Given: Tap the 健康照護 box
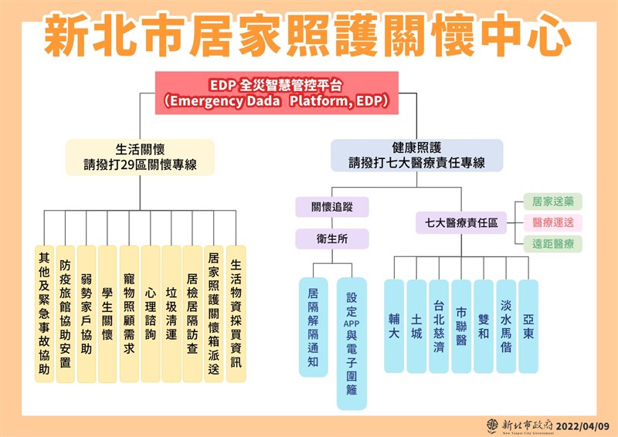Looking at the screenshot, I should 416,155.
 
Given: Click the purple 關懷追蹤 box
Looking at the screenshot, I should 332,207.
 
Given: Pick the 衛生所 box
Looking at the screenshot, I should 332,239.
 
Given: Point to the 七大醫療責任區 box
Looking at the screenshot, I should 461,222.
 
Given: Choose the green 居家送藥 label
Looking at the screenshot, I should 553,202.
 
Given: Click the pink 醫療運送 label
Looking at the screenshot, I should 553,222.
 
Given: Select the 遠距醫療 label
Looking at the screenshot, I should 553,244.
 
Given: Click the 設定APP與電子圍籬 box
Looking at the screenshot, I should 351,343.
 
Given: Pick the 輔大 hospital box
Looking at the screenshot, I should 394,325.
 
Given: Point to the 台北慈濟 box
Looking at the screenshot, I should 439,325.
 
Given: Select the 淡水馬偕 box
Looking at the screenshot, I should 506,325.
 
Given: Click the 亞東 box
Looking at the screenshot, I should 528,325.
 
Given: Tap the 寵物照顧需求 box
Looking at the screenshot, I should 129,314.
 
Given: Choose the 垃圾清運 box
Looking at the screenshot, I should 171,314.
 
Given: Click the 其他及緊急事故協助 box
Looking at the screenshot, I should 44,314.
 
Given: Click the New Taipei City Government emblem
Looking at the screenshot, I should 492,425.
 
